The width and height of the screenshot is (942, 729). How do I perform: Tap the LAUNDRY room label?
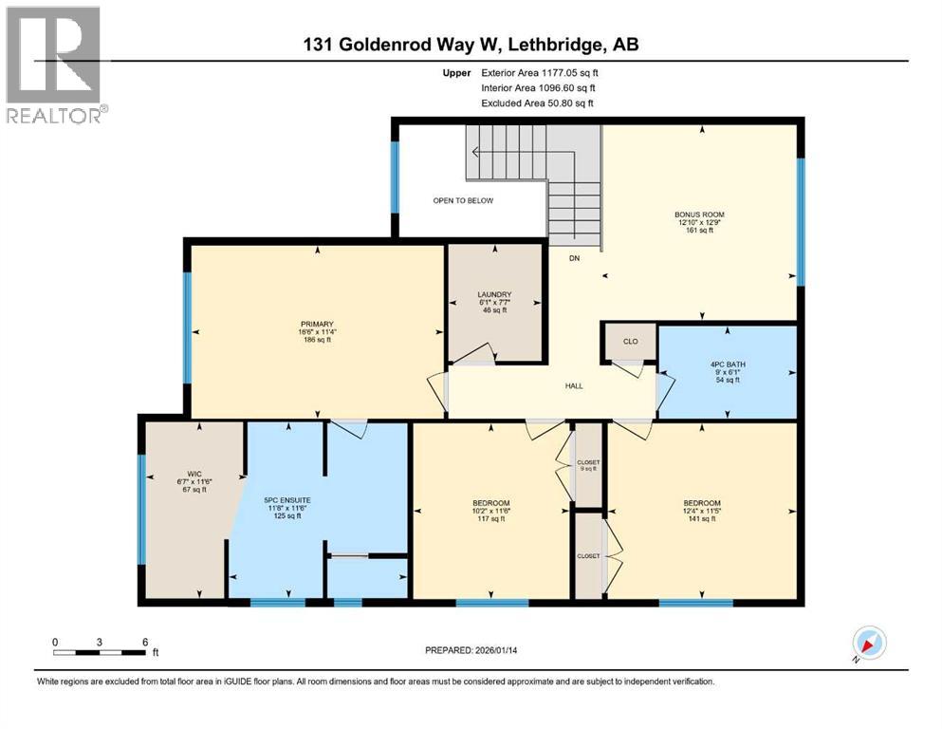coord(494,294)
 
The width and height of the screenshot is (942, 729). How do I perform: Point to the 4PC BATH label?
coord(727,364)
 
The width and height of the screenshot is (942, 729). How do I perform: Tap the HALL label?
coord(574,386)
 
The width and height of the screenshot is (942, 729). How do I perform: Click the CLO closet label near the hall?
coord(631,342)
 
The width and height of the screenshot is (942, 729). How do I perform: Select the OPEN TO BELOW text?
coord(463,201)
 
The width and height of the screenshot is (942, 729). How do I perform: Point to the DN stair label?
coord(574,258)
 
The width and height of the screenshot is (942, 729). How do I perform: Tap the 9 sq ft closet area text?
coord(588,469)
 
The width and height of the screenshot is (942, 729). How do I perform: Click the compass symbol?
coord(867,642)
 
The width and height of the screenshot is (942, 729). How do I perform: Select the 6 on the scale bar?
coord(144,642)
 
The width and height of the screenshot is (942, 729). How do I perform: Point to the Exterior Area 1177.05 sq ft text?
coord(540,71)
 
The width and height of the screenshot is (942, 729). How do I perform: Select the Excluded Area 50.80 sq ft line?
coord(540,103)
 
